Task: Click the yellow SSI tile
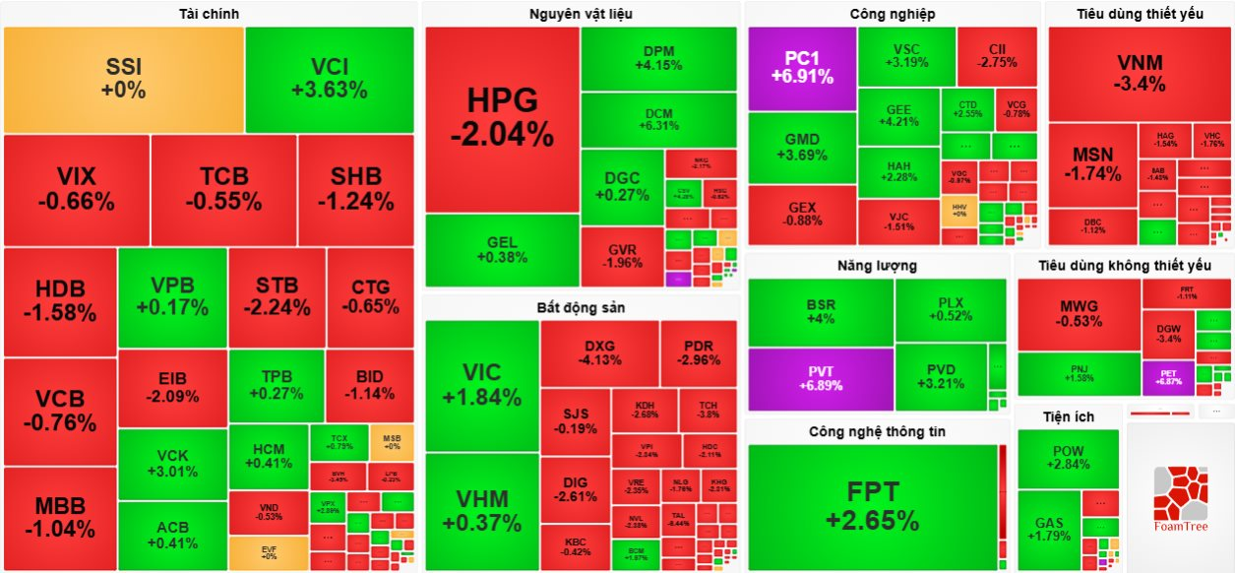point(123,79)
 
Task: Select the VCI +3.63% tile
point(329,79)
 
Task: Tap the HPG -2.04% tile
point(502,118)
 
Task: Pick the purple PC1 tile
point(802,67)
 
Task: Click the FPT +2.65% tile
point(872,507)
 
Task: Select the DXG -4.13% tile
point(598,352)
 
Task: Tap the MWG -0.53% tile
point(1079,313)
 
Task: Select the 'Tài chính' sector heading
point(209,14)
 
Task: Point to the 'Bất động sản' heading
point(581,307)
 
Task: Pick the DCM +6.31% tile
point(657,119)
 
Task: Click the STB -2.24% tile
point(277,296)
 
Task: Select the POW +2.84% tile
point(1068,458)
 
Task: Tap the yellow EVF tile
point(269,551)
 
